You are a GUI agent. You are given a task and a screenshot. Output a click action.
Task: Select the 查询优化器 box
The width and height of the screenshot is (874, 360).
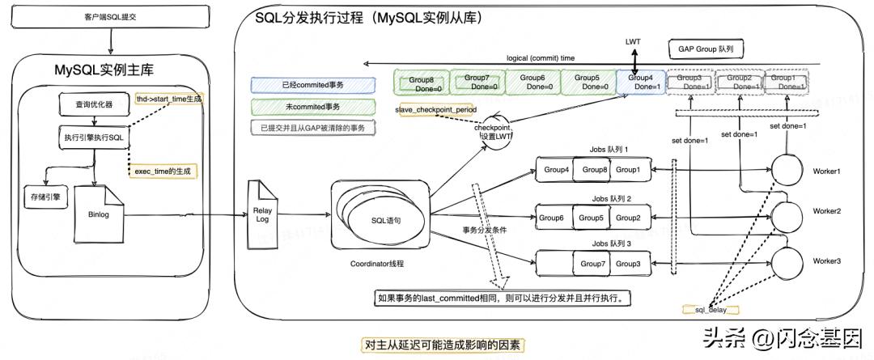point(92,104)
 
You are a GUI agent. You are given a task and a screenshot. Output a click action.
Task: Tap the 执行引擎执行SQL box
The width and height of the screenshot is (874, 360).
point(94,137)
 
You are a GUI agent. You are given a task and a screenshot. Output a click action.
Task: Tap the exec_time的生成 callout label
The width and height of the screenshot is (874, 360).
point(167,172)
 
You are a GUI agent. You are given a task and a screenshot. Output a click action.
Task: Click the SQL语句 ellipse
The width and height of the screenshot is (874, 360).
point(385,219)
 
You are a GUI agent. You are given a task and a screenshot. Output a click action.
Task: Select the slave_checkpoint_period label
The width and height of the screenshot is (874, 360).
point(436,109)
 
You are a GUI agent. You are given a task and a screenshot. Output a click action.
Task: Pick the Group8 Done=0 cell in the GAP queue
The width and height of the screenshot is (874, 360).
point(422,83)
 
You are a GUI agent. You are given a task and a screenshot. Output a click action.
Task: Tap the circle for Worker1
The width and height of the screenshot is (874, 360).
point(785,171)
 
